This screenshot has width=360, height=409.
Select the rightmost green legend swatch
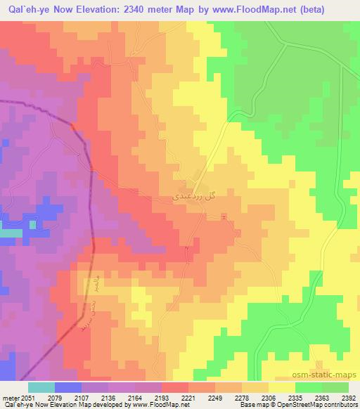point(335,387)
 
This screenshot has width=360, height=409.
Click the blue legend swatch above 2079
point(68,387)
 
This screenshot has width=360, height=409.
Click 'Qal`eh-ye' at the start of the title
point(27,10)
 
